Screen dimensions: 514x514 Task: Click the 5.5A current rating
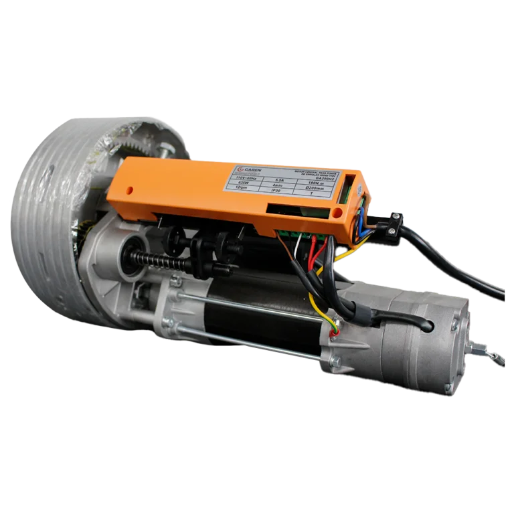point(279,179)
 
